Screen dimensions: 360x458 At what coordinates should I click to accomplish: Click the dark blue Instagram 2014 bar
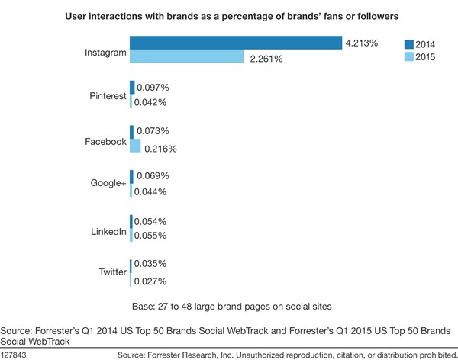pyautogui.click(x=235, y=43)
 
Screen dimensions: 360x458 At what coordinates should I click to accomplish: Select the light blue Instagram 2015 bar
pyautogui.click(x=187, y=57)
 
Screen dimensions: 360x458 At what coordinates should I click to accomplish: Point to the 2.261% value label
pyautogui.click(x=264, y=58)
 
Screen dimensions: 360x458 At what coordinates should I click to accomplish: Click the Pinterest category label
pyautogui.click(x=107, y=95)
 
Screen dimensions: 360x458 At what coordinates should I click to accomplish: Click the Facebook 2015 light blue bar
pyautogui.click(x=136, y=146)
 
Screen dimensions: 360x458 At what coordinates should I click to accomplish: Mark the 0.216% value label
pyautogui.click(x=160, y=148)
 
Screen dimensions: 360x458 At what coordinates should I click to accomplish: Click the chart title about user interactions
pyautogui.click(x=228, y=16)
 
